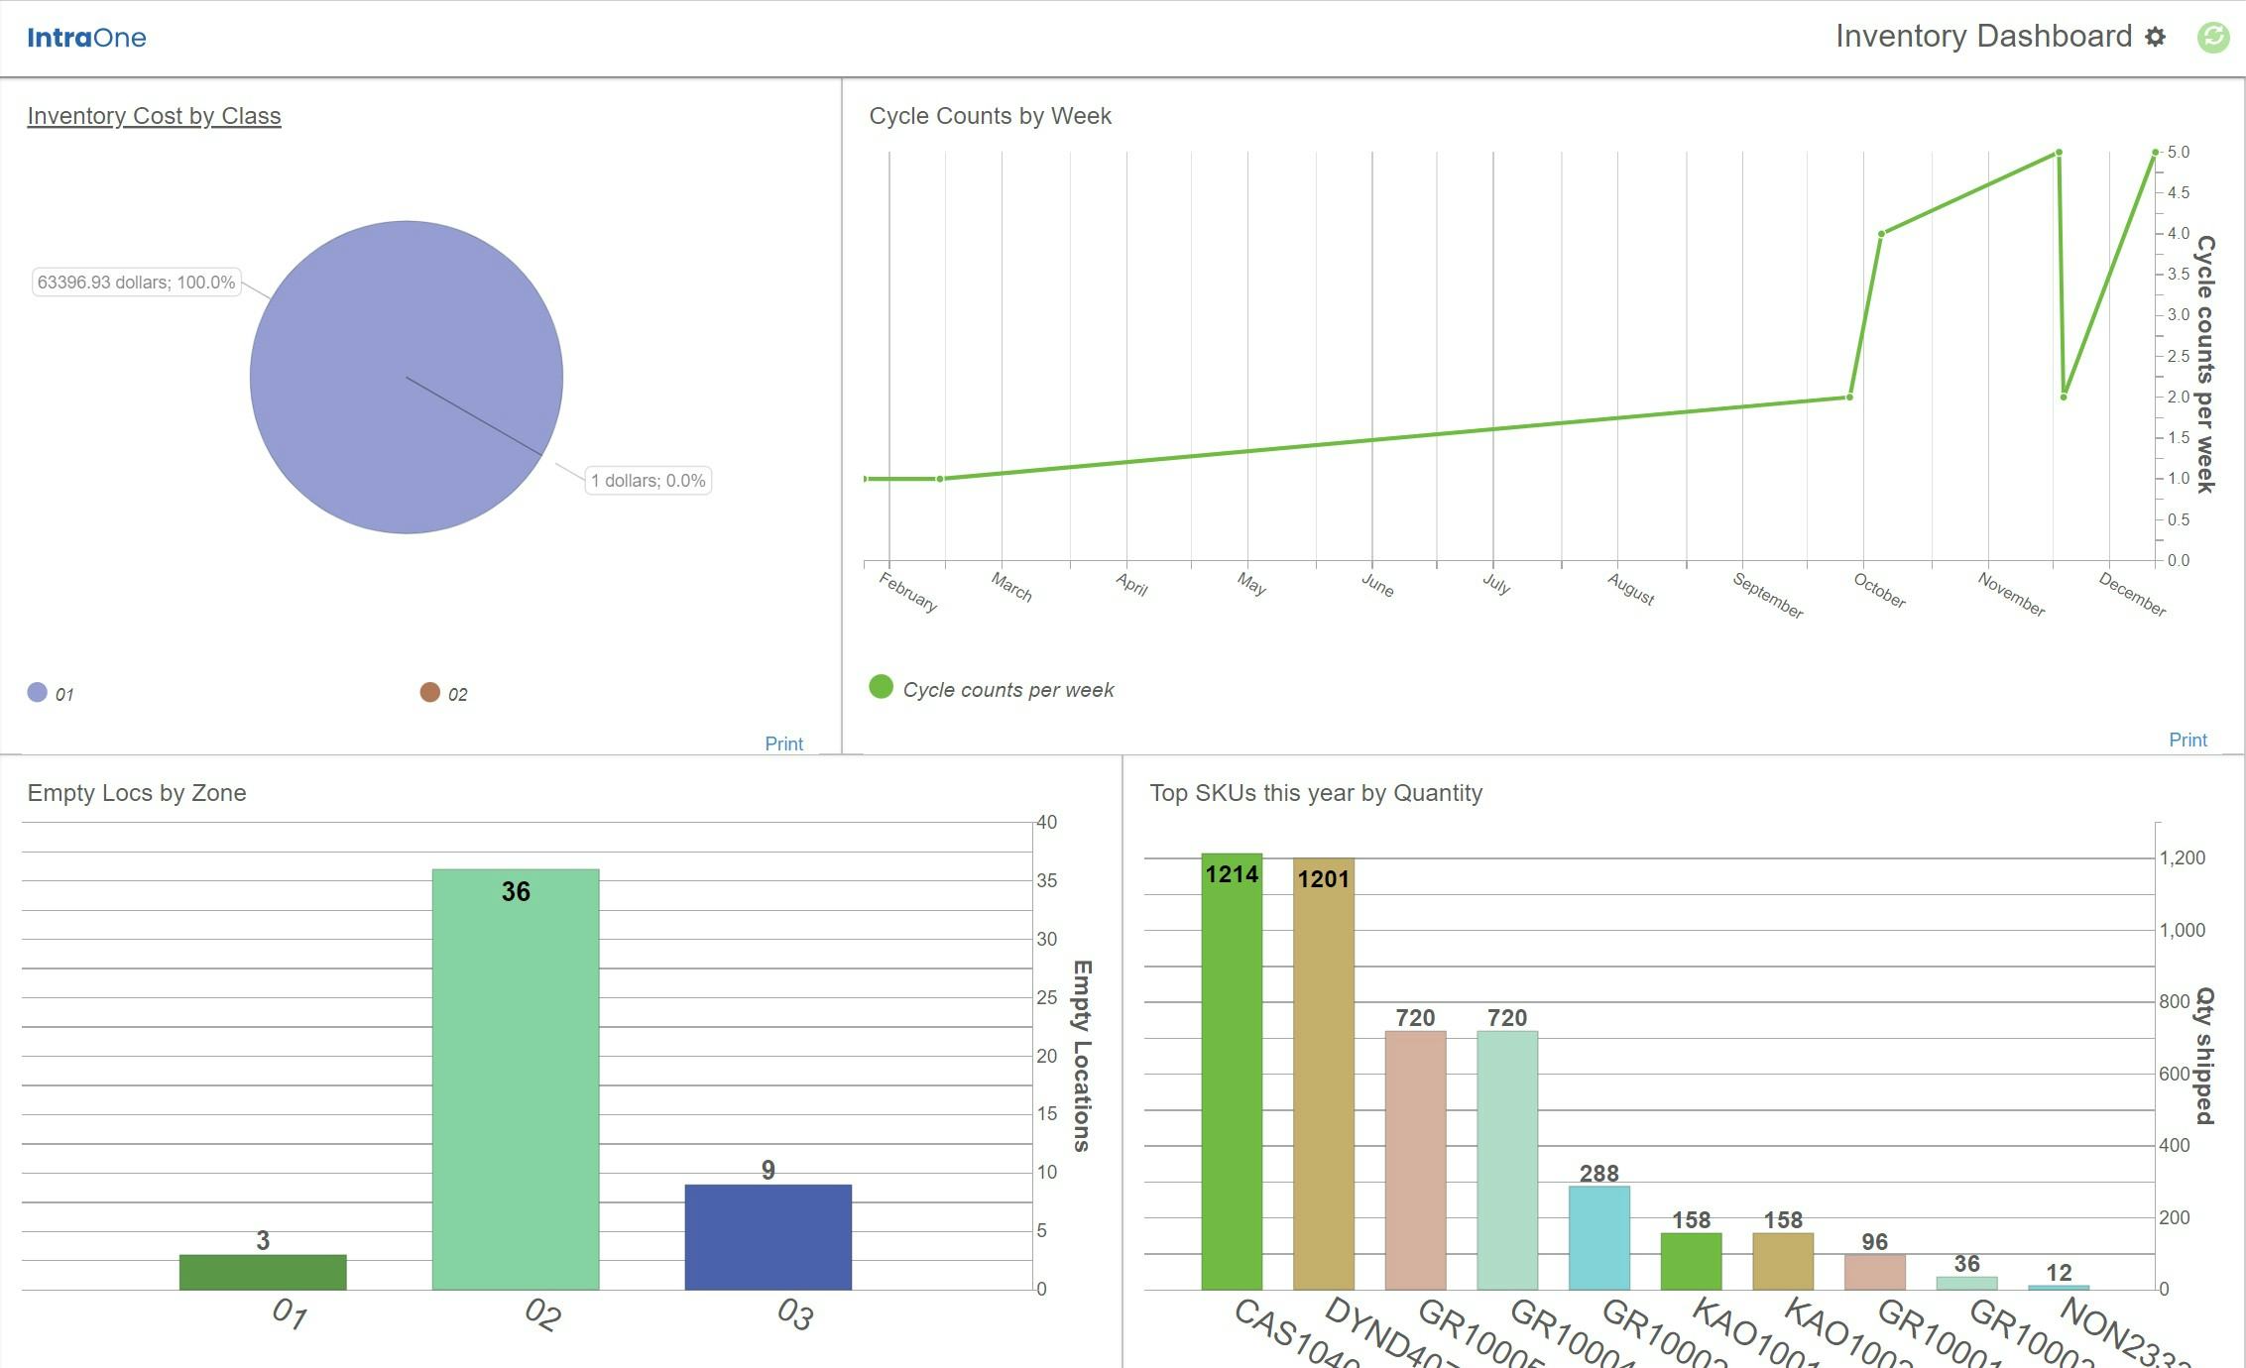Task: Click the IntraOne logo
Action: click(x=86, y=38)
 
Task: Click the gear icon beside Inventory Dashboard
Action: click(x=2155, y=37)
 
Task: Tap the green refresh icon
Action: click(x=2213, y=37)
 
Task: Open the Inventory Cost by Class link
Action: click(x=154, y=116)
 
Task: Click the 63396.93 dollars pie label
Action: click(x=136, y=283)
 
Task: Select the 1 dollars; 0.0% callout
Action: click(x=648, y=481)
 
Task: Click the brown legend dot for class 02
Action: click(x=429, y=692)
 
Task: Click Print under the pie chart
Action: click(x=783, y=743)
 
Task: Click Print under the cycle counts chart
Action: click(x=2187, y=740)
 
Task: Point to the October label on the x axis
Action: click(x=1879, y=591)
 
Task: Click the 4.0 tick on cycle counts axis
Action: click(x=2178, y=234)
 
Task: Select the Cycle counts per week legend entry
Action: click(x=1007, y=690)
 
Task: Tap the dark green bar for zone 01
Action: click(x=263, y=1272)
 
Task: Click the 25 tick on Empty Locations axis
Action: click(x=1046, y=997)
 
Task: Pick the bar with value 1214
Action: click(x=1232, y=1071)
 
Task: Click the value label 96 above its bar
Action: click(x=1874, y=1242)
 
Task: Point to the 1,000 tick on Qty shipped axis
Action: click(x=2182, y=930)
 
